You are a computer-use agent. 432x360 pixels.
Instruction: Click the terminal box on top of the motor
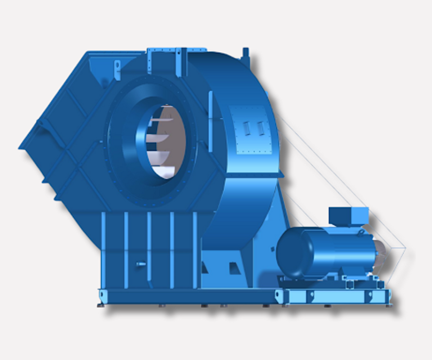(x=348, y=216)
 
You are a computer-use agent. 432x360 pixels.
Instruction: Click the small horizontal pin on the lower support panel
(x=140, y=264)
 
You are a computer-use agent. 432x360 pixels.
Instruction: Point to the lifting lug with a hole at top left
(x=117, y=68)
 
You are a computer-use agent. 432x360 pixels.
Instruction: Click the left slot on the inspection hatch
(x=247, y=128)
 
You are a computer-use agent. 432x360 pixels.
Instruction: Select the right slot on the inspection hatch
(x=260, y=129)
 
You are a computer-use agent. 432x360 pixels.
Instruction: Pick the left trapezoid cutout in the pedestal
(x=205, y=269)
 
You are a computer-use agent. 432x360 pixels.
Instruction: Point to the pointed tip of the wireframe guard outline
(x=405, y=247)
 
